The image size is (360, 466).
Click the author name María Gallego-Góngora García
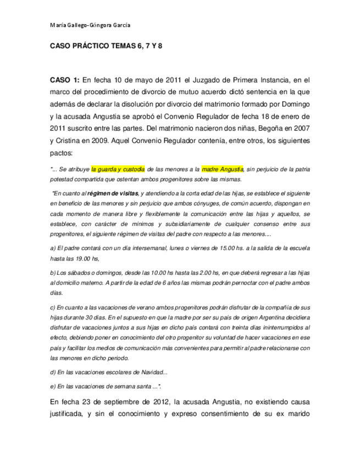[90, 25]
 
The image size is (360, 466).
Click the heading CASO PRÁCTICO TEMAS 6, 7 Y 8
[106, 48]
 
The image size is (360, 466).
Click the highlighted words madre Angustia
[222, 169]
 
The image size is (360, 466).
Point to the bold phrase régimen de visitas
[113, 193]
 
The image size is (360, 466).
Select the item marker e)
[53, 386]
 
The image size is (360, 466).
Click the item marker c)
[53, 308]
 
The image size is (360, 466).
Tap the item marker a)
[53, 248]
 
